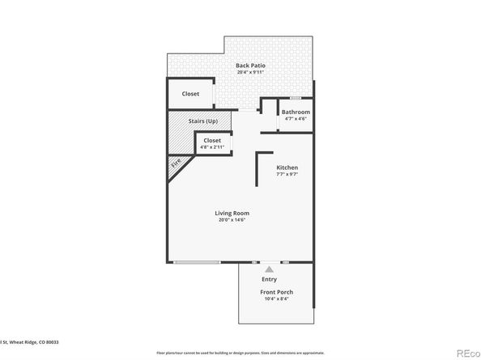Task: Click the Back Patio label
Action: tap(250, 66)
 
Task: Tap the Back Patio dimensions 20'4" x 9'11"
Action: tap(250, 73)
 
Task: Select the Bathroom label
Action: tap(296, 112)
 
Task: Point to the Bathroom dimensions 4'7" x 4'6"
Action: tap(296, 120)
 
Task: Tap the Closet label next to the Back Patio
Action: tap(190, 94)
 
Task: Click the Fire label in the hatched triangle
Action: tap(176, 167)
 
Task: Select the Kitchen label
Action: tap(287, 167)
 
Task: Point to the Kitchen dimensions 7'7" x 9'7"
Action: tap(287, 175)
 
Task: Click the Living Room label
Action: tap(231, 213)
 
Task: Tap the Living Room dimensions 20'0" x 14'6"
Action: tap(231, 220)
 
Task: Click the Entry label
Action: tap(269, 280)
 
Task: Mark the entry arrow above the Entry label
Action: tap(269, 270)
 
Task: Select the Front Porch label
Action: tap(276, 292)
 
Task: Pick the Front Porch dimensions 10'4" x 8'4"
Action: tap(276, 299)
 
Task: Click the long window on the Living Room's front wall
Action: tap(197, 262)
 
